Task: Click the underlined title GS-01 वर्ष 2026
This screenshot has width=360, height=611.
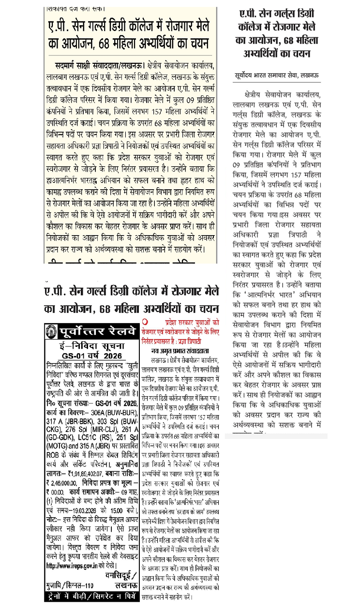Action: [x=91, y=356]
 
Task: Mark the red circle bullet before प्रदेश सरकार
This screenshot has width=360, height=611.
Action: [x=145, y=322]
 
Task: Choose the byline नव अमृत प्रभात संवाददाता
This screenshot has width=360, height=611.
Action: [x=180, y=349]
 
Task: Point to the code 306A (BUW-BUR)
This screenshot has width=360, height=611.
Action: [x=115, y=412]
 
